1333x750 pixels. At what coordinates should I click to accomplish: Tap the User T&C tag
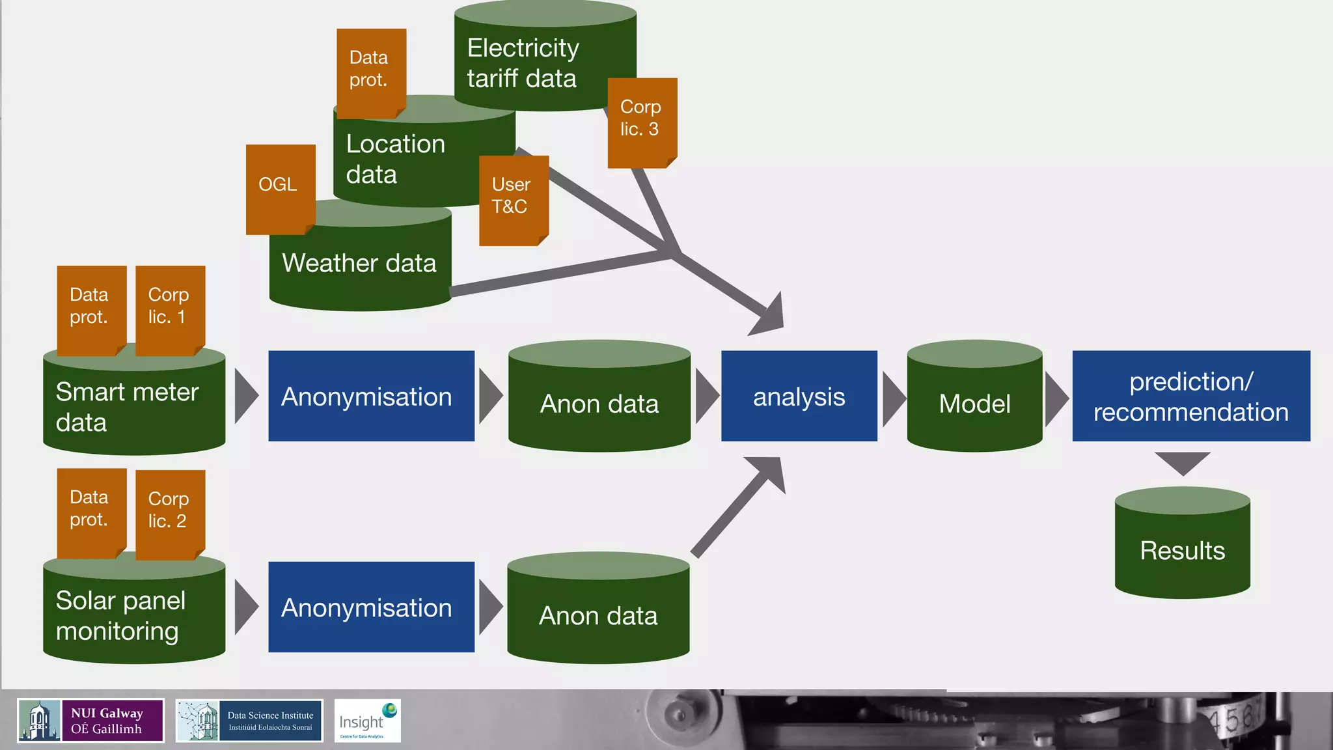point(514,199)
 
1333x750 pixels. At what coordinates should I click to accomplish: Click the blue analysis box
point(799,396)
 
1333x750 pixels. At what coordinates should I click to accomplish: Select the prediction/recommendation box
point(1190,396)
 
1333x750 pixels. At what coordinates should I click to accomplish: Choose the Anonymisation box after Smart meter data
point(371,396)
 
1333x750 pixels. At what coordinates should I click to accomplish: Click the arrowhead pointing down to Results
point(1182,462)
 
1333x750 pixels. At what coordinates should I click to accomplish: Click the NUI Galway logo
point(90,720)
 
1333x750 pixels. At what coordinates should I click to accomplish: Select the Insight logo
point(367,720)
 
